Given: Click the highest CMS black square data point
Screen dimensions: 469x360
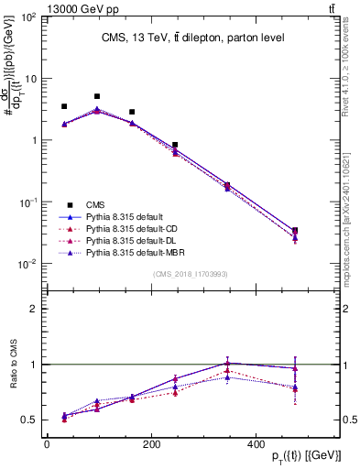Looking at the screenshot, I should (97, 96).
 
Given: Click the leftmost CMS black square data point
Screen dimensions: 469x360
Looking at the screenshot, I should (64, 107).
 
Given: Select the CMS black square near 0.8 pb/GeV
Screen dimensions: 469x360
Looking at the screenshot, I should (175, 145).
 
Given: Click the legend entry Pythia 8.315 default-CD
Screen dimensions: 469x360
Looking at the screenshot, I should (133, 227).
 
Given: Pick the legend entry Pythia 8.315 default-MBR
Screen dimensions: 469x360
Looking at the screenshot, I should (136, 249).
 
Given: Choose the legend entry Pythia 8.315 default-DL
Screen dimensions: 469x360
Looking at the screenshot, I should (132, 238).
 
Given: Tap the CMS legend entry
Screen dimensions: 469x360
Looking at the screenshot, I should (94, 205).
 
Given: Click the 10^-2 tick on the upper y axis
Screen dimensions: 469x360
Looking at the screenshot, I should (28, 264).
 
